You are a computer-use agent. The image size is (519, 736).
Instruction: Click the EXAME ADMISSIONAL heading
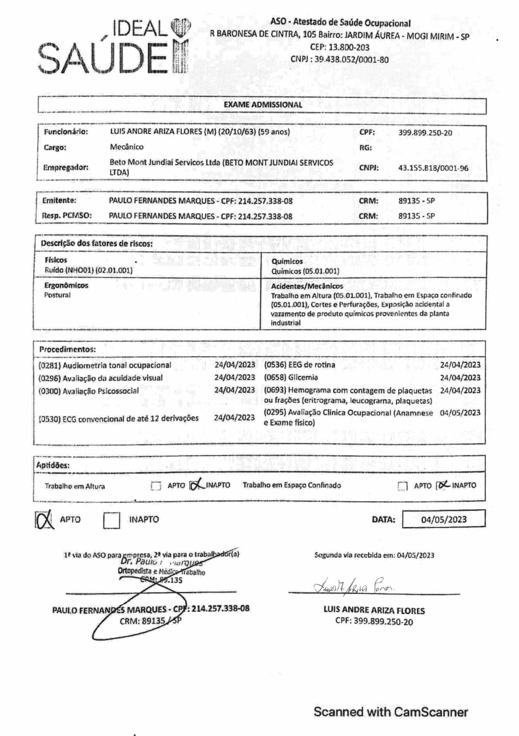263,105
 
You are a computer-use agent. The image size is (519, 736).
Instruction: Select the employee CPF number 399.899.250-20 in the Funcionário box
425,133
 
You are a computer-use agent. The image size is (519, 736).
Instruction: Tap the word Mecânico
127,147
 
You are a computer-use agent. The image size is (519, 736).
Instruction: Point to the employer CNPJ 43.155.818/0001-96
433,168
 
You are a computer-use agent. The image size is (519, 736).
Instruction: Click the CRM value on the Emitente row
416,201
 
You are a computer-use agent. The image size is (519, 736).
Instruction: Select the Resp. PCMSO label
67,216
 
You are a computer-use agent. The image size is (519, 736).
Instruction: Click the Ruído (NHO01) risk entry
89,270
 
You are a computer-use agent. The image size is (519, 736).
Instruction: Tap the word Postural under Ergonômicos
57,295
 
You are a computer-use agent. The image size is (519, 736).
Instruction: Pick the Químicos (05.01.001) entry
305,271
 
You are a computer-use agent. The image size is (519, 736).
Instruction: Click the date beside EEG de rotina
460,365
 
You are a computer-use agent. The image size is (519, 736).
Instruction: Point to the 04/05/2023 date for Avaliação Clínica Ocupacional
460,413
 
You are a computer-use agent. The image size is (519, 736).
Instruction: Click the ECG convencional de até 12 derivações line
118,418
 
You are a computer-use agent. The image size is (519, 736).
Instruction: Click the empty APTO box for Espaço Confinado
402,486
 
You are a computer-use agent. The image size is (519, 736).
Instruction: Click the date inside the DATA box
444,520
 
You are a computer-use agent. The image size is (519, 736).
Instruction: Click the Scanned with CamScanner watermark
391,712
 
